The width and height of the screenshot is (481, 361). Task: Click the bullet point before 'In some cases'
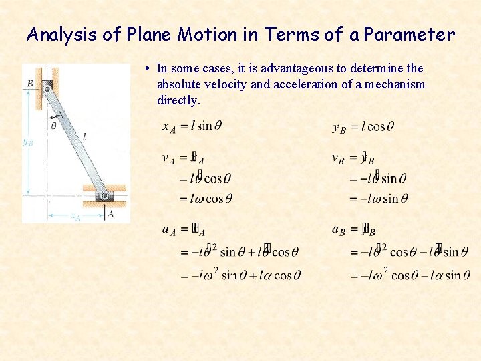click(x=146, y=68)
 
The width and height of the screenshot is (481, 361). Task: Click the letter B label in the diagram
click(x=31, y=83)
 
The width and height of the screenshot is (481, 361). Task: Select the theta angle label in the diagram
click(x=53, y=125)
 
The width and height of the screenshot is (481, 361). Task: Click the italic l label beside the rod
click(x=84, y=136)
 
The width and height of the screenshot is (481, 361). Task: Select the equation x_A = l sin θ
click(x=192, y=126)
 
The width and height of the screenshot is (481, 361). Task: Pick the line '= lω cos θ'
click(x=206, y=199)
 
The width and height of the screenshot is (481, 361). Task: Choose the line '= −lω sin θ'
click(x=378, y=199)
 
